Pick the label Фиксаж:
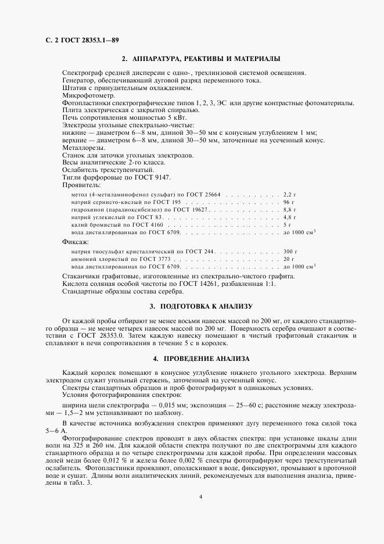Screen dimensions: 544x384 [x=76, y=241]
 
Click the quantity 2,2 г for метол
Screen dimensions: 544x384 [x=289, y=193]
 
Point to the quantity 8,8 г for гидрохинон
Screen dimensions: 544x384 [x=289, y=209]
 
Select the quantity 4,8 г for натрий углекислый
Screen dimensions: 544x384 [x=289, y=216]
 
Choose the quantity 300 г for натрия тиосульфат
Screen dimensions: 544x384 [x=289, y=251]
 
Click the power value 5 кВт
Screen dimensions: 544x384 [x=160, y=117]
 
